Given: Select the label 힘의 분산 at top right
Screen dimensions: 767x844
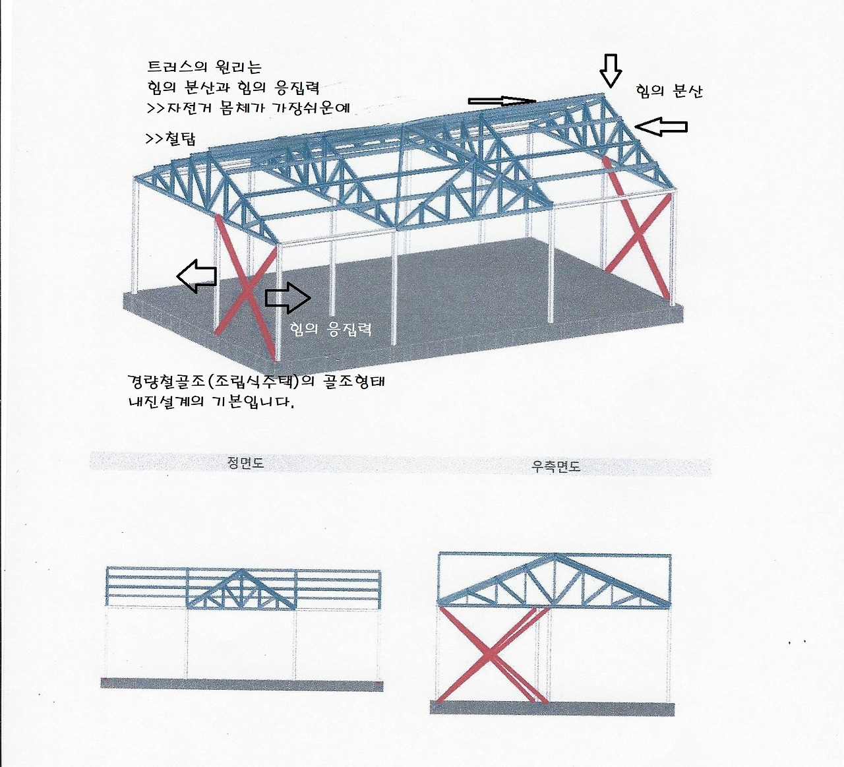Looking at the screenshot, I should (x=669, y=91).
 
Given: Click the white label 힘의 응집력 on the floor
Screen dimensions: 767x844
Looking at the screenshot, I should (x=331, y=328).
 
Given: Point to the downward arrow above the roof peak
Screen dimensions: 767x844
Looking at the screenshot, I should (x=611, y=70).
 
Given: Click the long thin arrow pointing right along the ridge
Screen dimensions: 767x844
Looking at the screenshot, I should (x=501, y=101).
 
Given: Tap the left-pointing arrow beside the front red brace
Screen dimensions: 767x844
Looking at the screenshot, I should (x=196, y=276).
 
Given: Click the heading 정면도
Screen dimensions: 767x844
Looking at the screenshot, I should (x=245, y=463).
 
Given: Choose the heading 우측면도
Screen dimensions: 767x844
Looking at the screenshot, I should (x=556, y=466).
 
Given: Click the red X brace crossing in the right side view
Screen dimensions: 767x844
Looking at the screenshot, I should (x=489, y=654).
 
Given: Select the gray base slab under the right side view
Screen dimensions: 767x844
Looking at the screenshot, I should (x=552, y=708).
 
